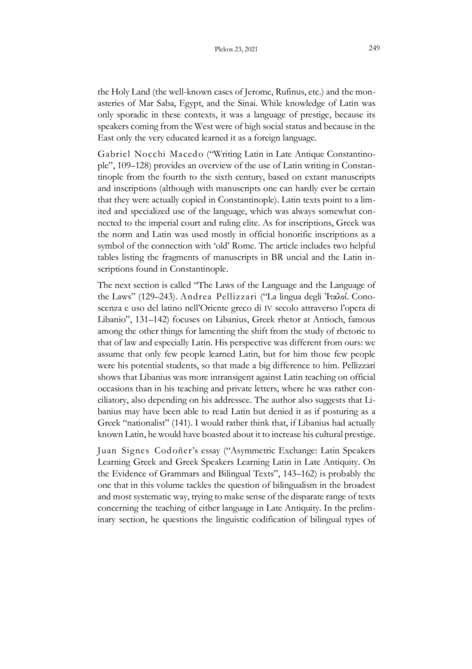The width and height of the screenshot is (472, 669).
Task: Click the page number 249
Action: pyautogui.click(x=373, y=50)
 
